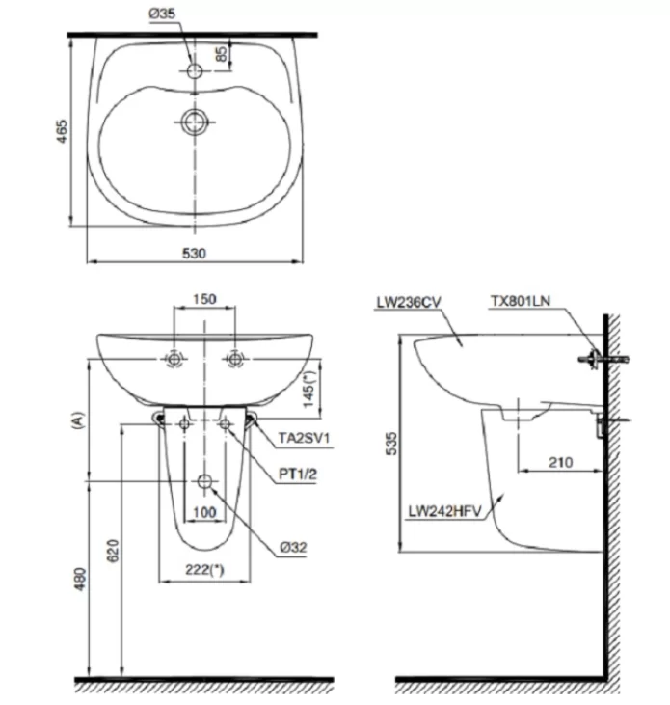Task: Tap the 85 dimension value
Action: pyautogui.click(x=222, y=55)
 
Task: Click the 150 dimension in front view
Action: pyautogui.click(x=204, y=299)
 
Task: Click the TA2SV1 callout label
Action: pyautogui.click(x=305, y=439)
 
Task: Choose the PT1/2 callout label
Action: pyautogui.click(x=297, y=473)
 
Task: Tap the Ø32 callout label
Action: pyautogui.click(x=294, y=546)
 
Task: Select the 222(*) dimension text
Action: pyautogui.click(x=204, y=569)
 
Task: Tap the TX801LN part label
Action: pyautogui.click(x=523, y=302)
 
